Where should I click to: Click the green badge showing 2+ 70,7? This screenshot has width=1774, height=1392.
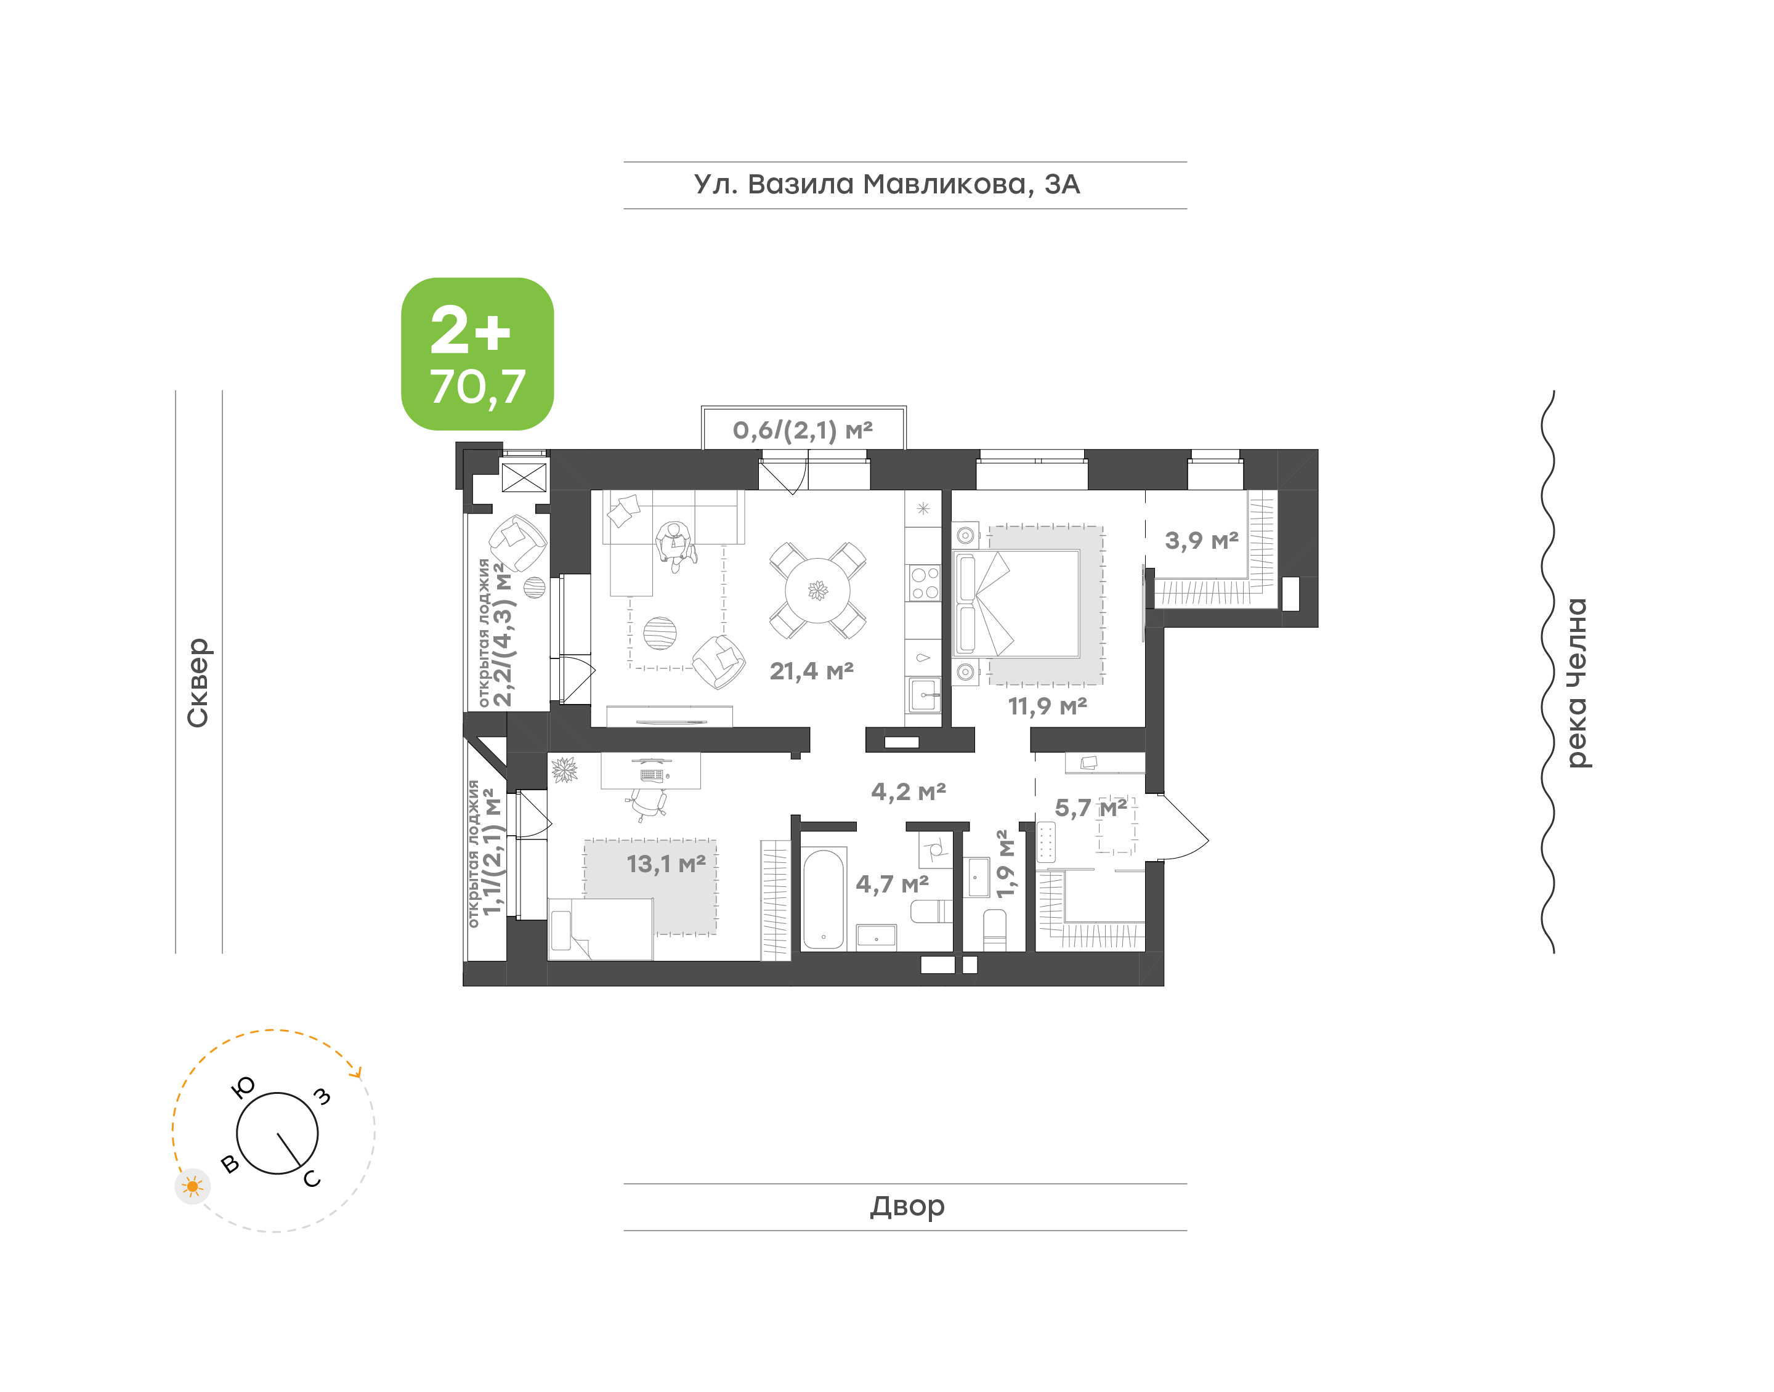[477, 354]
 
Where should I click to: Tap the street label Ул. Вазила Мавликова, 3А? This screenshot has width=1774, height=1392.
[886, 184]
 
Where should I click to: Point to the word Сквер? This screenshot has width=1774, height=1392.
[198, 682]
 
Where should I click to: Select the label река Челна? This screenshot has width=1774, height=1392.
[1578, 683]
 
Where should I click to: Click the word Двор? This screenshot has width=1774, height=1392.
[907, 1206]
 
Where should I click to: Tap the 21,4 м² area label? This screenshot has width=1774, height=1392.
[812, 671]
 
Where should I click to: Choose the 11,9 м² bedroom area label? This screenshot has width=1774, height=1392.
[1048, 706]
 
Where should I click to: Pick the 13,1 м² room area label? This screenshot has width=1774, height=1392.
[666, 864]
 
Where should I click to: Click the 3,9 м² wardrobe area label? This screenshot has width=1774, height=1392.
[1202, 540]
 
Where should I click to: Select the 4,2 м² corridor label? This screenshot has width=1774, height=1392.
[909, 791]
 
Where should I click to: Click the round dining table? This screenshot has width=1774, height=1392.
[817, 590]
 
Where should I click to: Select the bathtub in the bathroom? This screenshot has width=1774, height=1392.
[823, 900]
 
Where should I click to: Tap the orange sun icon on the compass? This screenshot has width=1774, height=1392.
[192, 1186]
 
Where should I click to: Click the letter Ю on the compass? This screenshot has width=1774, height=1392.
[244, 1086]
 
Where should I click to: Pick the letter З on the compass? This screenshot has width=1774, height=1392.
[323, 1096]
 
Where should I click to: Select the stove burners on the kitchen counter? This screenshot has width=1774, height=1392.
[924, 583]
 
